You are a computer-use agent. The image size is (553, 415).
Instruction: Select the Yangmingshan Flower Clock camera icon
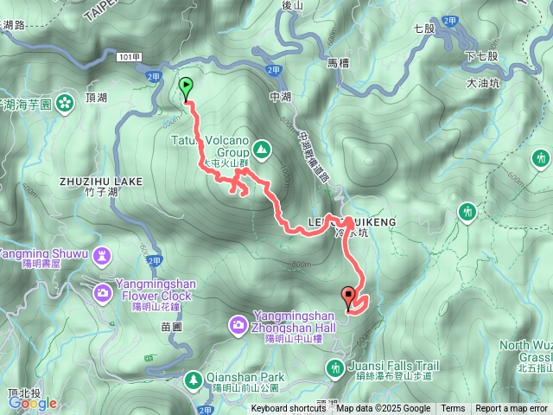pos(103,292)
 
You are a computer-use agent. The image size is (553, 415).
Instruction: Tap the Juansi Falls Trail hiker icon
pos(335,369)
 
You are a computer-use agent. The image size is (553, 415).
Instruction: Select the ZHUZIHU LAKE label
pos(101,181)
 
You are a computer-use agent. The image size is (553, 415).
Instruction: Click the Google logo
pos(33,403)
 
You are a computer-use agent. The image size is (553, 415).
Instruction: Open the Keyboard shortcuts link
pos(288,409)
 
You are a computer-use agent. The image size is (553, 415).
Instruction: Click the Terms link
pos(453,409)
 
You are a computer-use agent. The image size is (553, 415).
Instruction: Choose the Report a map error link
pos(512,409)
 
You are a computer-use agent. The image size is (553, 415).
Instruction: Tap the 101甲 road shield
pos(126,57)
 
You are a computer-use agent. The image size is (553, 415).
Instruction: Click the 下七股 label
pos(481,55)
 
